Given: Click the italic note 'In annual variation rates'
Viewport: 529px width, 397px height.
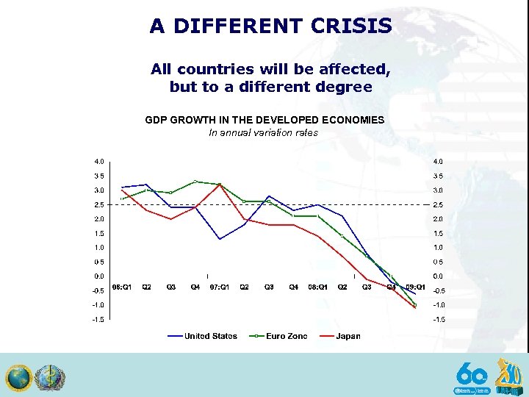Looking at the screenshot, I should (x=264, y=132).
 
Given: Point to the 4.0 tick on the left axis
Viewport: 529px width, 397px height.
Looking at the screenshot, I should (x=98, y=161).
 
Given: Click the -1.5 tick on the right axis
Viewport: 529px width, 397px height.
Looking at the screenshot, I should (x=439, y=319).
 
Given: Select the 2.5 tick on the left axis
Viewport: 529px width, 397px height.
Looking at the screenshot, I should (x=98, y=204).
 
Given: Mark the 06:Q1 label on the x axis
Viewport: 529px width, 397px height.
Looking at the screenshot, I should (x=122, y=287).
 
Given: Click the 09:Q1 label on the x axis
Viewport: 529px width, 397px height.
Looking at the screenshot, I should (x=415, y=287).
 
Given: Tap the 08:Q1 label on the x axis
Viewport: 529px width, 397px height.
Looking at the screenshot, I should (x=318, y=287).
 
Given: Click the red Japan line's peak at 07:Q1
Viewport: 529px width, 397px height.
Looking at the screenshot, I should (x=220, y=184).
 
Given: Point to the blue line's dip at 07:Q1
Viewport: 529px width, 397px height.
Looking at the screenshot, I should (x=220, y=239).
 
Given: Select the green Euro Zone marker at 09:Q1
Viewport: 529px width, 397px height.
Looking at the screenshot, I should (x=415, y=304).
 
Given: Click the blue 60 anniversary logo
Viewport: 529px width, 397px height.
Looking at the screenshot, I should (x=472, y=374).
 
